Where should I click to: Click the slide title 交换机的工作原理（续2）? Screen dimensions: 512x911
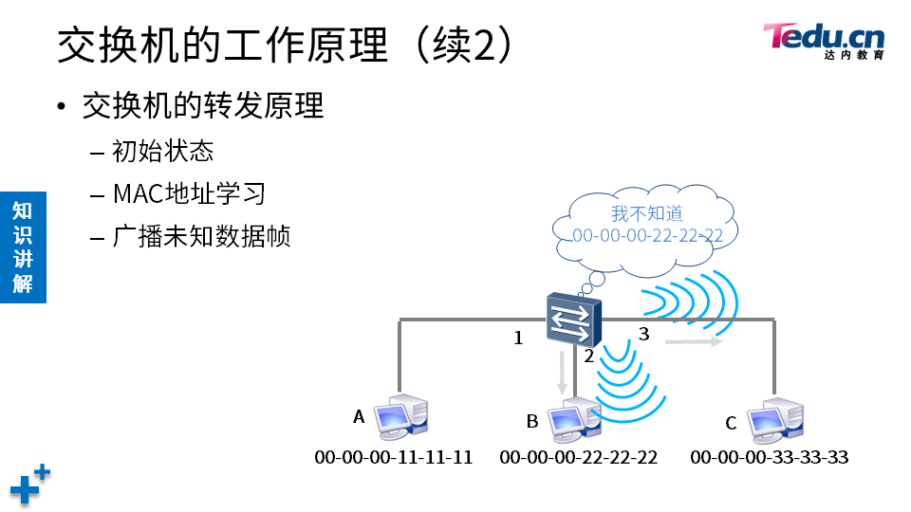tap(286, 45)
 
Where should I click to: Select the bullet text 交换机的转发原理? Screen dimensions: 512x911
tap(203, 105)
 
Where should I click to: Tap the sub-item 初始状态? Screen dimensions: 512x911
tap(162, 151)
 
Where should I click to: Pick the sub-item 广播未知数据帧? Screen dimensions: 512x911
tap(201, 235)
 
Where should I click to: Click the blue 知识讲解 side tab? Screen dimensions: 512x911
tap(23, 247)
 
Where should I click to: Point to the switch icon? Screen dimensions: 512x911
tap(573, 320)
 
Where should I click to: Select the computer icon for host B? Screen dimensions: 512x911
tap(573, 421)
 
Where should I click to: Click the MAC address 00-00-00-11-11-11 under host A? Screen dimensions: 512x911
tap(393, 458)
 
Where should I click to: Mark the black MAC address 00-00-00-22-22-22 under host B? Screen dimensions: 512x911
tap(578, 458)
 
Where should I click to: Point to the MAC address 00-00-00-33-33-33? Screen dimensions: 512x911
tap(769, 458)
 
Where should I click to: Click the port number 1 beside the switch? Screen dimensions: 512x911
tap(518, 338)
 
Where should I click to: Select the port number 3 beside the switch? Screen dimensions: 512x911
tap(643, 334)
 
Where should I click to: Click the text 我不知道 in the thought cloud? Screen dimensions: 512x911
tap(646, 214)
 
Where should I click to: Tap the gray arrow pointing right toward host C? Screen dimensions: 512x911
tap(694, 341)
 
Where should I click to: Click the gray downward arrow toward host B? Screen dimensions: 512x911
tap(563, 373)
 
